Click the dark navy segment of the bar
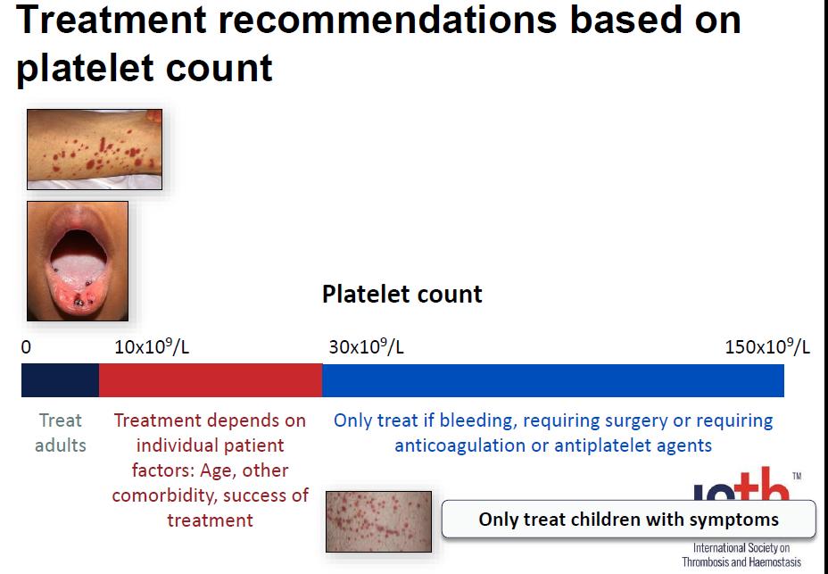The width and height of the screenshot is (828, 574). tap(60, 380)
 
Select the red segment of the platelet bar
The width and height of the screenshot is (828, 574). tap(211, 380)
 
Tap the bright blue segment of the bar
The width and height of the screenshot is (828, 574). tap(553, 380)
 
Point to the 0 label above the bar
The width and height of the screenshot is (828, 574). tap(26, 347)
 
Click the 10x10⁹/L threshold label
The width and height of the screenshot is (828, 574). tap(152, 346)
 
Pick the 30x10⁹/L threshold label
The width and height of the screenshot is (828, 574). tap(366, 346)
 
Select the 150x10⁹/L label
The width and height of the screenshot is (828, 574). tap(766, 346)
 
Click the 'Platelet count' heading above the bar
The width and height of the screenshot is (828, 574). tap(402, 294)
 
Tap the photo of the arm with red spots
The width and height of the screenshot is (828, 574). tap(95, 149)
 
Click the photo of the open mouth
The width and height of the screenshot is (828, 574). tap(78, 261)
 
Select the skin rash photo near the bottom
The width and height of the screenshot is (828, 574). tap(378, 521)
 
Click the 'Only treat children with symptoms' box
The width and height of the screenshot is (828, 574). tap(628, 519)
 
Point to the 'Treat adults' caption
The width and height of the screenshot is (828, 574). tap(60, 432)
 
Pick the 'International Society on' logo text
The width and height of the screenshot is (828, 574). tap(741, 547)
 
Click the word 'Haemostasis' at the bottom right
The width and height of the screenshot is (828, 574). tap(774, 562)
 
